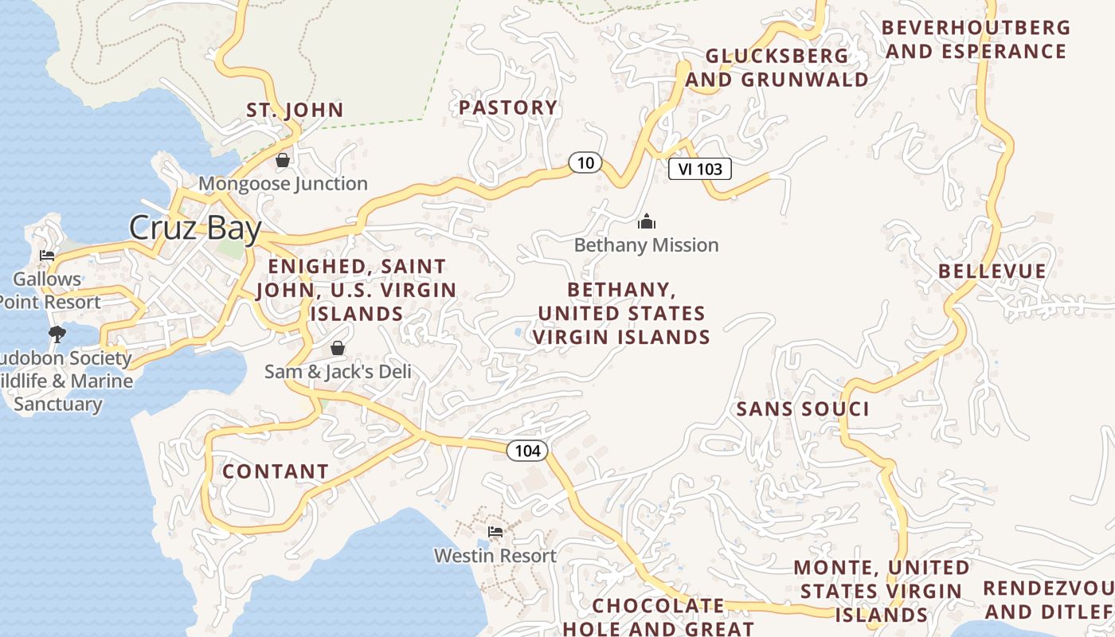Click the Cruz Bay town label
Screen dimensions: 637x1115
coord(195,229)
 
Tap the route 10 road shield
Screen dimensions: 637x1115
coord(585,163)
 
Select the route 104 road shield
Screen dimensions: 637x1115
coord(527,451)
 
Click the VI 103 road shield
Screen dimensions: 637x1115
coord(699,169)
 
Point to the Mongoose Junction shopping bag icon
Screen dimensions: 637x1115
coord(283,160)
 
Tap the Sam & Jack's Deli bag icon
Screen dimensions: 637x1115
coord(338,348)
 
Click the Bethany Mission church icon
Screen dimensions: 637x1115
coord(647,221)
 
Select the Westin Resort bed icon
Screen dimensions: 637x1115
coord(495,531)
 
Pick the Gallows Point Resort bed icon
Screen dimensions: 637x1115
coord(47,256)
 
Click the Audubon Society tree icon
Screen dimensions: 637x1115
coord(57,334)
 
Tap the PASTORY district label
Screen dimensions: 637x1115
coord(508,107)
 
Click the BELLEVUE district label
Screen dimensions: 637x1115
coord(992,271)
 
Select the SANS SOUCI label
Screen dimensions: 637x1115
coord(802,409)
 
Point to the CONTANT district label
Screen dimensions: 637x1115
coord(276,471)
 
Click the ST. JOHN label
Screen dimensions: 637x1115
coord(295,110)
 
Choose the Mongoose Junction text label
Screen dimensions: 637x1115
coord(283,184)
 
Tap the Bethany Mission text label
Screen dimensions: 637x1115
coord(646,245)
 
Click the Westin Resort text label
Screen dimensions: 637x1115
coord(495,555)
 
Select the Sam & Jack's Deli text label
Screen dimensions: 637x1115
coord(338,372)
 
